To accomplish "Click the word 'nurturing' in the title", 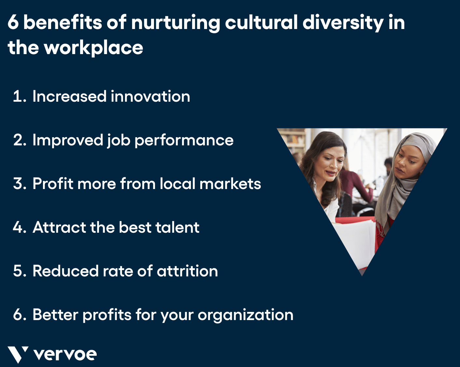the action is pos(175,23).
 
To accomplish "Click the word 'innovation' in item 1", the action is pos(150,96).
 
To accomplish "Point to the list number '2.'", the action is pos(20,140).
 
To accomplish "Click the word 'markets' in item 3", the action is pos(230,183).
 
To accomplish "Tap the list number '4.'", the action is pos(20,227).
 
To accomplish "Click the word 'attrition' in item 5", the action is pos(187,271).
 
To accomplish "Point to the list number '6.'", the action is pos(20,315).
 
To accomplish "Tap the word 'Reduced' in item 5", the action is pos(65,271).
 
